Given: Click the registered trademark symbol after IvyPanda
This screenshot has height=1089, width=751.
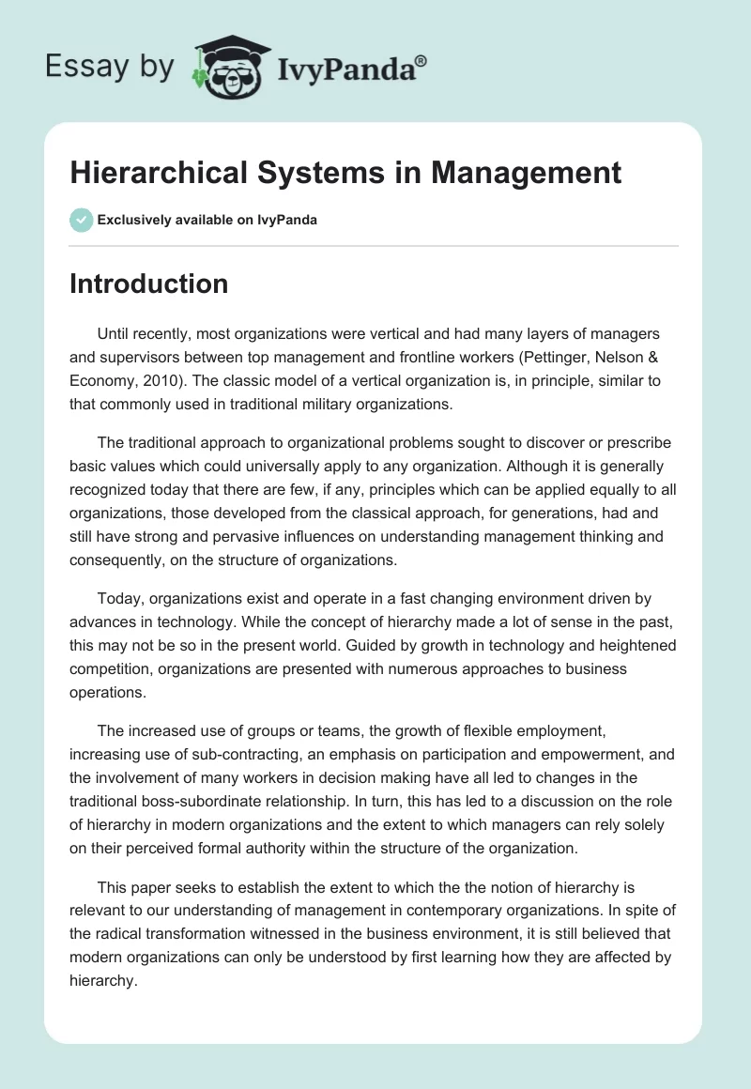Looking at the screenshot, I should (421, 60).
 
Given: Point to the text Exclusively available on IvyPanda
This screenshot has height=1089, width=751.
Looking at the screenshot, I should (207, 220).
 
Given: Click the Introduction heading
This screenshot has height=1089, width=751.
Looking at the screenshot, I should (148, 284).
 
